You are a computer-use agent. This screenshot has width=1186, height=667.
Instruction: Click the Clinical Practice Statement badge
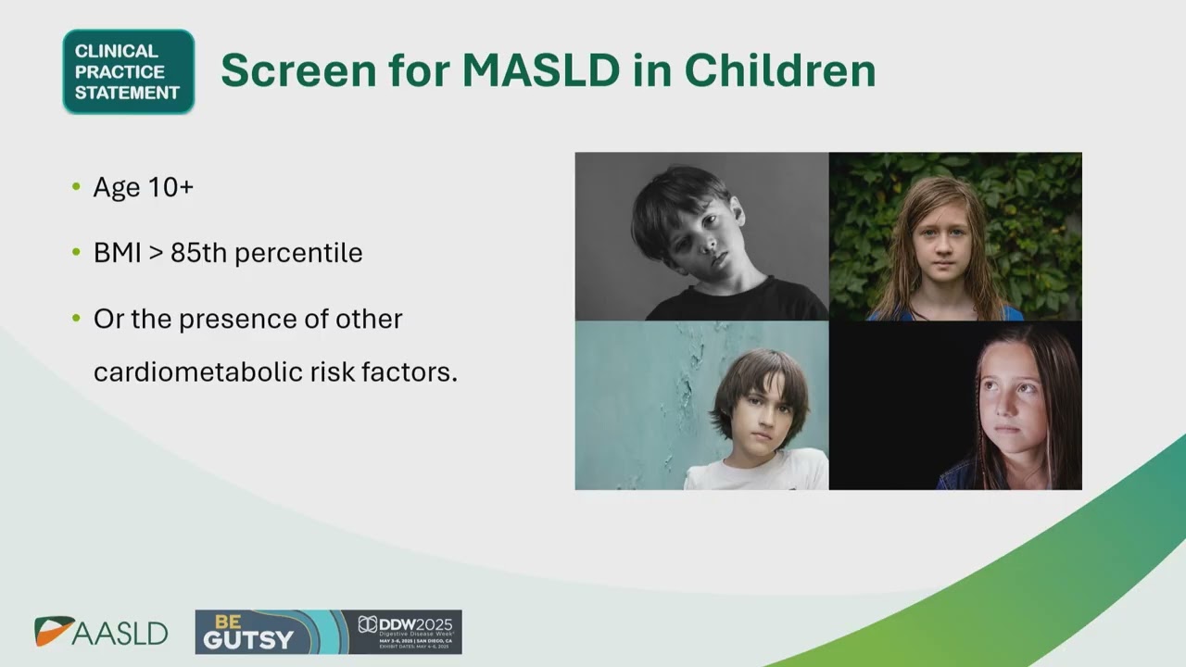(x=128, y=71)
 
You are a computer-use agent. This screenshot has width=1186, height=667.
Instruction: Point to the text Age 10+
(x=143, y=187)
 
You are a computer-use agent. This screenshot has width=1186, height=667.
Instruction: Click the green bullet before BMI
(x=76, y=253)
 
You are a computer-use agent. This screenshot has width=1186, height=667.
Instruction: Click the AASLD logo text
(x=120, y=634)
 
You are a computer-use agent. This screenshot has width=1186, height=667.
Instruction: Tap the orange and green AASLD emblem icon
(x=52, y=631)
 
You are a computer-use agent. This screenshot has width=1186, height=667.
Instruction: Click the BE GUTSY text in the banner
(x=248, y=632)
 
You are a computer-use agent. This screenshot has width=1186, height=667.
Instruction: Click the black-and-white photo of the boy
(x=701, y=236)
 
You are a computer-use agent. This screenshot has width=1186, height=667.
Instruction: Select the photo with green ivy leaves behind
(x=955, y=236)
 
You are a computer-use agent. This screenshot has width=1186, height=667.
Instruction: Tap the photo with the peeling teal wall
(x=701, y=405)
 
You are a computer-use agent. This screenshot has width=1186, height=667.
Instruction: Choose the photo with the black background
(x=955, y=405)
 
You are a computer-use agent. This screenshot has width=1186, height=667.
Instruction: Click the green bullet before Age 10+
(x=76, y=187)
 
